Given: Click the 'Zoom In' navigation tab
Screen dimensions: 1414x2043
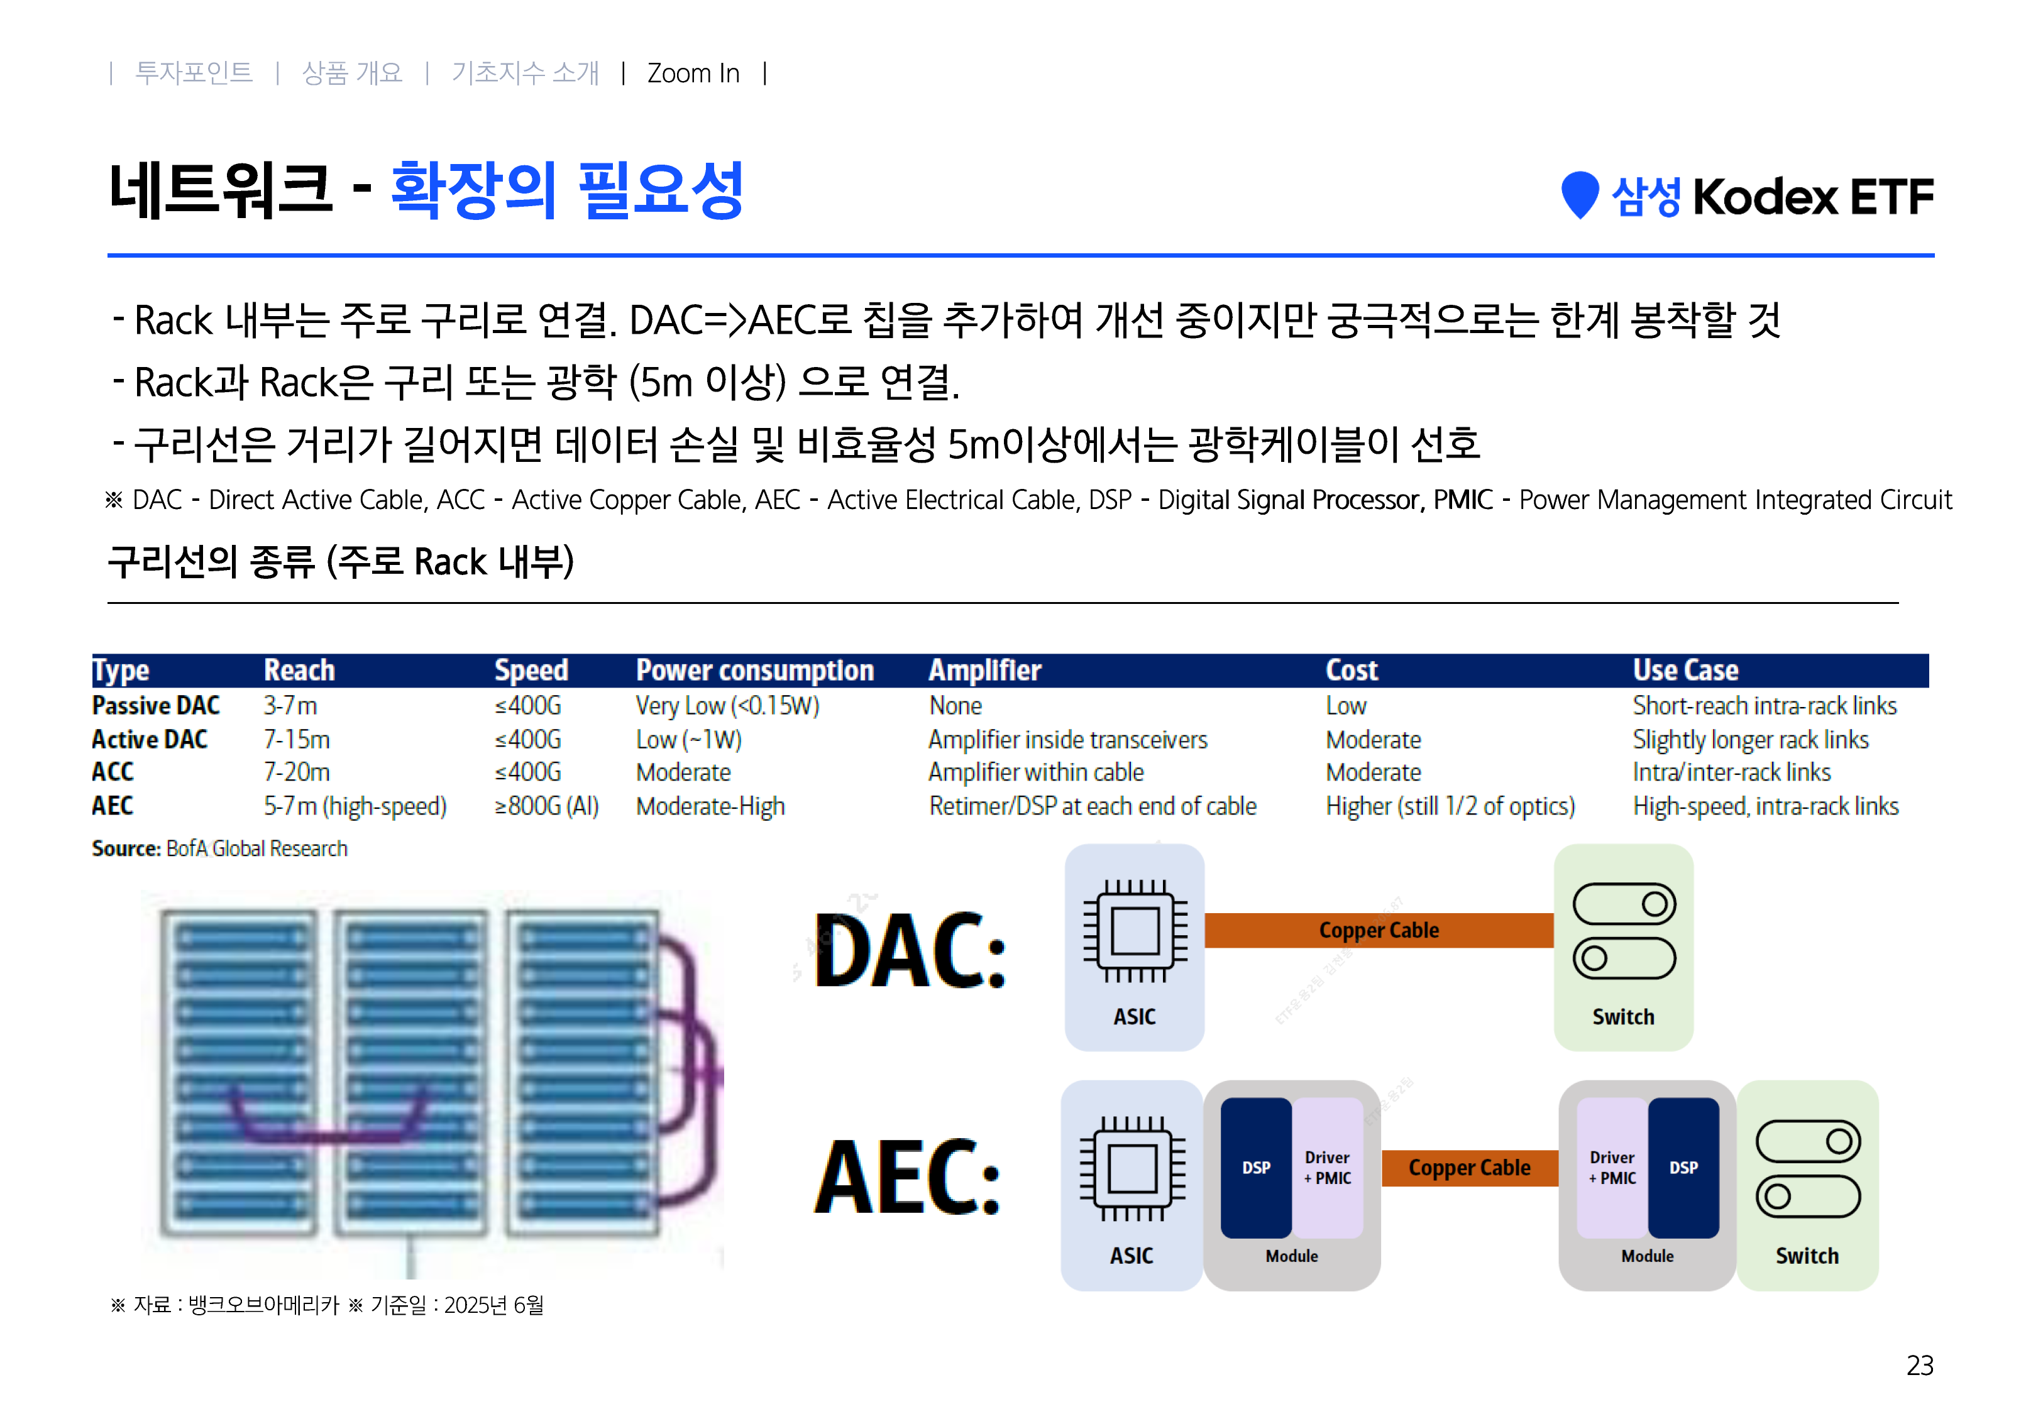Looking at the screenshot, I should click(693, 73).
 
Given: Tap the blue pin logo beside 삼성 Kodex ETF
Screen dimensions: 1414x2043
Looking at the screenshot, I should click(1578, 194).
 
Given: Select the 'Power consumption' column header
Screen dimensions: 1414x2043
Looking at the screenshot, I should click(754, 671).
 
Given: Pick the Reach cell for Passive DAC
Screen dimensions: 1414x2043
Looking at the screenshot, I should click(290, 706).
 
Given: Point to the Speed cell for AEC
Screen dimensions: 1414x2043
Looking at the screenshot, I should click(546, 806).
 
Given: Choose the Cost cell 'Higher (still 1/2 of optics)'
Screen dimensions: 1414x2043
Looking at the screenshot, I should click(1450, 806).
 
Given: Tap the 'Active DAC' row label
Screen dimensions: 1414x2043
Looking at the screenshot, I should click(149, 740).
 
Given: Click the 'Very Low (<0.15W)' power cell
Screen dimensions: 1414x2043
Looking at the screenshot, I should click(727, 706).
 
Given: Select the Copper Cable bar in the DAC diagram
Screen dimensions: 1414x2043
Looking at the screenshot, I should click(1378, 930).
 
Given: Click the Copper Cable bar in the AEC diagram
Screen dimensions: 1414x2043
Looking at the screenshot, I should click(1469, 1168).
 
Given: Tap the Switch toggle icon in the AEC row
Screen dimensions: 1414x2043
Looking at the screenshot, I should click(1807, 1170).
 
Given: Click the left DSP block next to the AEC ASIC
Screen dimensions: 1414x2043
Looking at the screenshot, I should click(1255, 1168).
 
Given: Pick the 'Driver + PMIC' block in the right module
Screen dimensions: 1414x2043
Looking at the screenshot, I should click(1612, 1168).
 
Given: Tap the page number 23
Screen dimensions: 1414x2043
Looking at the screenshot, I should click(1919, 1365).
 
